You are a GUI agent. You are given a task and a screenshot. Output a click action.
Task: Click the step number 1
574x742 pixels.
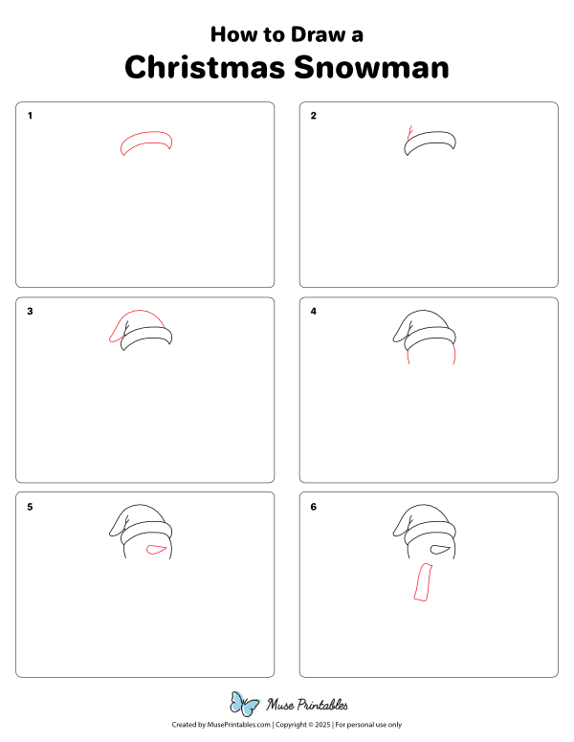click(30, 116)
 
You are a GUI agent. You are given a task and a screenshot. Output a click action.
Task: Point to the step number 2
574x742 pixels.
click(314, 116)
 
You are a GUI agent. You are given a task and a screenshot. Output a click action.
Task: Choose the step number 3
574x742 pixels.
click(30, 311)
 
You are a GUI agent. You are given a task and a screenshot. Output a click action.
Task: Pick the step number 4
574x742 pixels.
click(314, 311)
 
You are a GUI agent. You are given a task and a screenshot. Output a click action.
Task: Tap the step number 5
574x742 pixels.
click(30, 506)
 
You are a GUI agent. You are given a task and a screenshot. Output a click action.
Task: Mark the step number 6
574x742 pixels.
click(314, 506)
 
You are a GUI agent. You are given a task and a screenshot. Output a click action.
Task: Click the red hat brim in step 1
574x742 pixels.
click(146, 142)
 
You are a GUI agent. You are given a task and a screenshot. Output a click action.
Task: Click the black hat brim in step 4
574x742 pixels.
click(431, 338)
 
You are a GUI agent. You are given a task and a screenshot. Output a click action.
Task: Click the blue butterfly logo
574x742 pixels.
click(244, 705)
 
